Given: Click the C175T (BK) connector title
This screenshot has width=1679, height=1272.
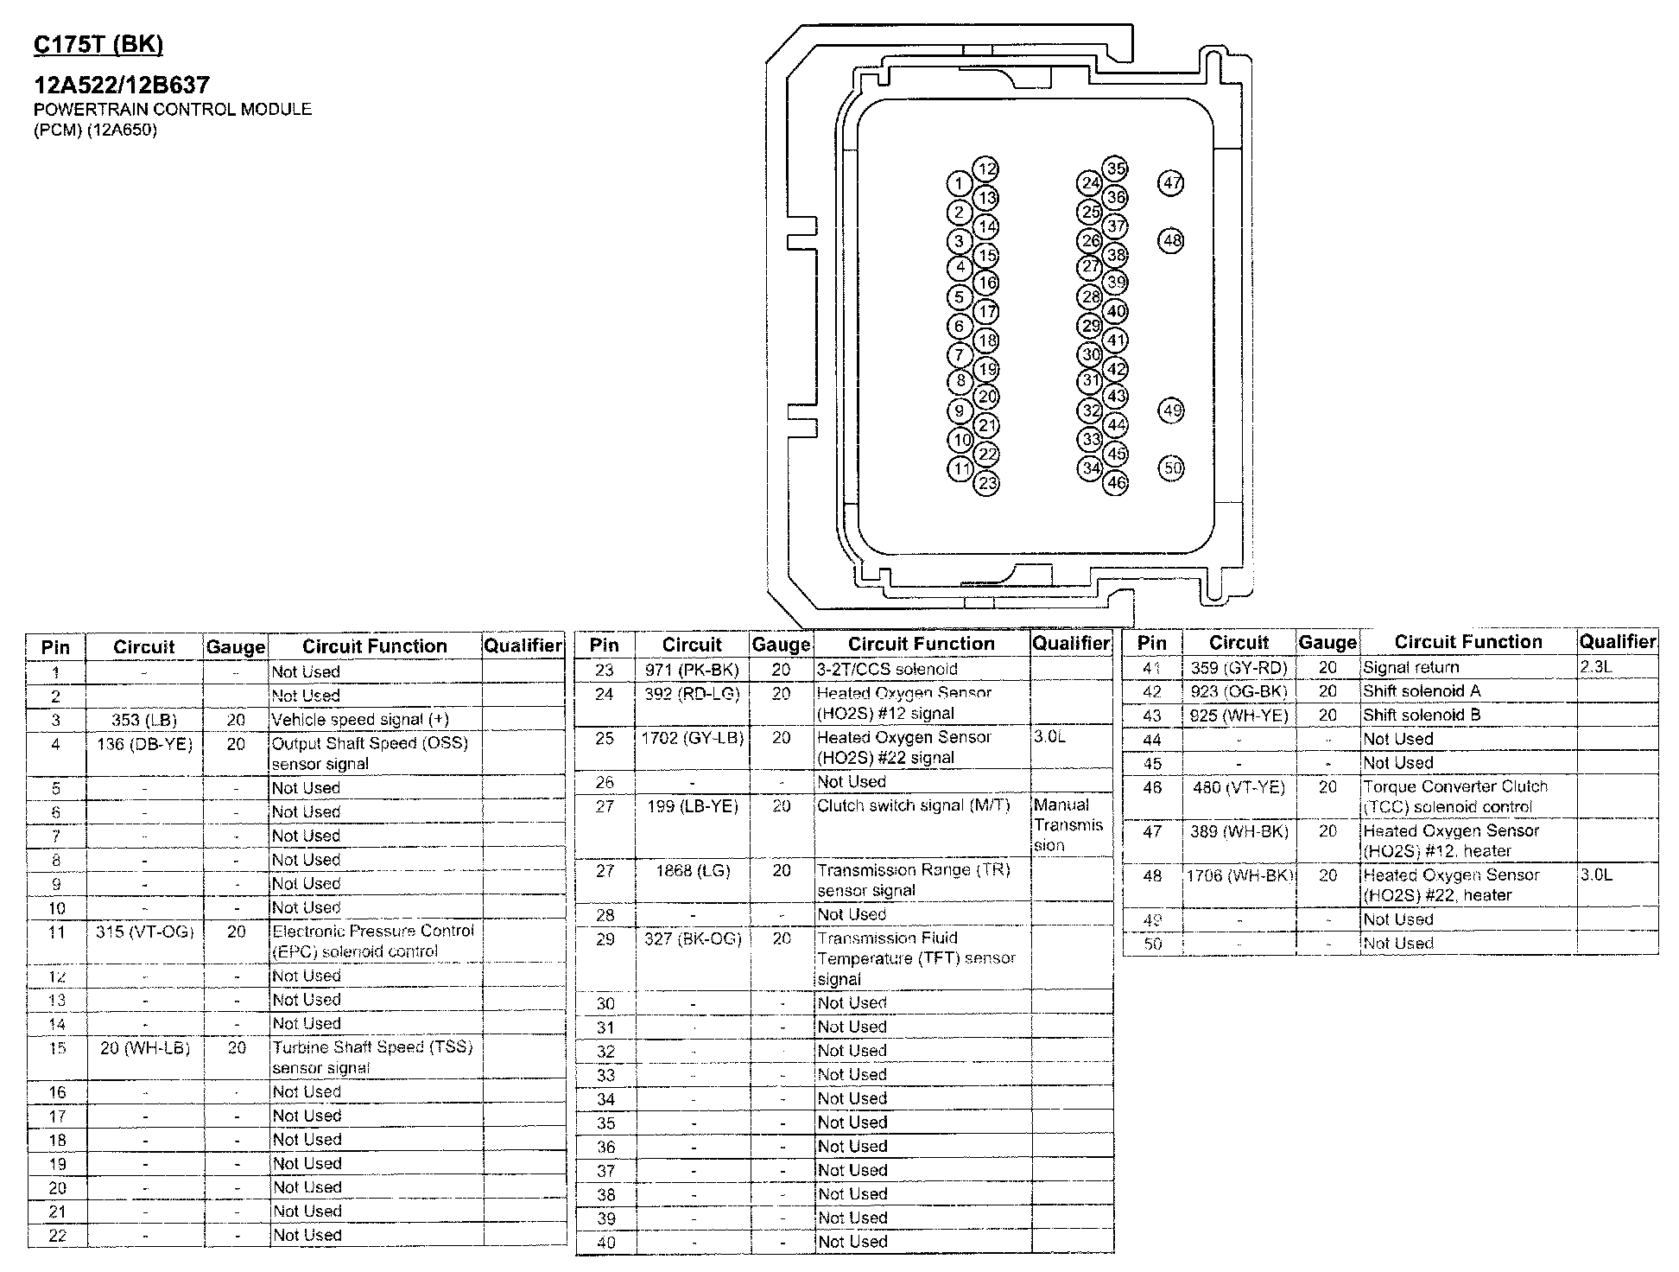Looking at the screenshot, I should point(98,44).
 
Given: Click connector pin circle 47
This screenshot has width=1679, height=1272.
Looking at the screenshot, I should point(1171,183).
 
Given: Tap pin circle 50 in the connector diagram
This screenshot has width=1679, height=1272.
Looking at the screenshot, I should point(1171,468).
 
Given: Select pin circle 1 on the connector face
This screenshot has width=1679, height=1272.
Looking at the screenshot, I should point(959,183).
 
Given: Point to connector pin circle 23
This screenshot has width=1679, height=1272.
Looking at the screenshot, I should point(986,482).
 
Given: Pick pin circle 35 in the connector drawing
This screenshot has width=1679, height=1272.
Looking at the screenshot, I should point(1116,169).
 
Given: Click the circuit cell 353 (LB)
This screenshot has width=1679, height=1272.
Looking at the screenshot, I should point(144,720).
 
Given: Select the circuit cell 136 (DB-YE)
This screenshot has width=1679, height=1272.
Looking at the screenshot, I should point(144,744).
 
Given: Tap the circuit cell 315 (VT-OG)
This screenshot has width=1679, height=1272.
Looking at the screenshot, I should point(144,932).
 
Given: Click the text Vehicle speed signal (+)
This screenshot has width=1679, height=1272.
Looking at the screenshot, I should point(360,720).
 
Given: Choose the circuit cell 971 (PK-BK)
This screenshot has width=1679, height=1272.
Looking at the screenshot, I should point(692,670).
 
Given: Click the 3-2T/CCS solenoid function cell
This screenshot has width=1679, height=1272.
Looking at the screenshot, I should point(887,670).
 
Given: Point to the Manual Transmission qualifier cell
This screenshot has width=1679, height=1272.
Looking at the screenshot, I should point(1069,825).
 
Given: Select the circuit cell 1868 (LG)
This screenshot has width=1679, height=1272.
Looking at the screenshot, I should point(693,871).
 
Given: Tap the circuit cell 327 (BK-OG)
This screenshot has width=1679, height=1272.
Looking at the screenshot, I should point(693,938).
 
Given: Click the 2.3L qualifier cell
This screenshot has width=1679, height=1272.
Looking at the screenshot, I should point(1596,668).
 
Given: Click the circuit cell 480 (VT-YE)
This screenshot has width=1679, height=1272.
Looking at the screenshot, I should point(1239,787).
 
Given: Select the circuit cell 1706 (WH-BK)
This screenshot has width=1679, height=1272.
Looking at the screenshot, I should point(1239,875).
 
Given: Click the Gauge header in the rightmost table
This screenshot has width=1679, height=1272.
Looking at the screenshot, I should point(1327,643).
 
